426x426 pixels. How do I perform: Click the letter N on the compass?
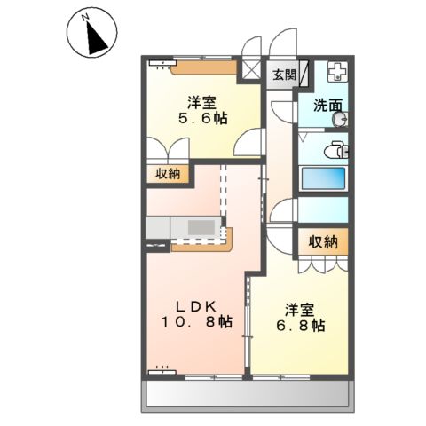(86, 18)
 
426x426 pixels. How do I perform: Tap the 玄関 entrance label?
(284, 75)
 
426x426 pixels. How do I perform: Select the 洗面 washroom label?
(327, 106)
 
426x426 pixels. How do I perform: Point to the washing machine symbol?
(337, 72)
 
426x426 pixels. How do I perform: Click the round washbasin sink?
(340, 120)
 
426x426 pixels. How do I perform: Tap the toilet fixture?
(336, 151)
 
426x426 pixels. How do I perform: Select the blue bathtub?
(323, 178)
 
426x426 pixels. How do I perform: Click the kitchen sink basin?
(201, 227)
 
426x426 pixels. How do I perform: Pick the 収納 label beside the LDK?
(168, 174)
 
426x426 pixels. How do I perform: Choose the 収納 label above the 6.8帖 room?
(323, 242)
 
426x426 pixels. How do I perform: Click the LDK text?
(196, 307)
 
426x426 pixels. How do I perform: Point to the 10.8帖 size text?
(196, 322)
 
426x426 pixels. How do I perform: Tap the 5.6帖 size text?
(202, 119)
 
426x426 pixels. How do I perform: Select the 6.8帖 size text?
(301, 326)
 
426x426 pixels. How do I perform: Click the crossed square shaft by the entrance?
(251, 70)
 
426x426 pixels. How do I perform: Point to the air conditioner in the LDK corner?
(162, 372)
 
